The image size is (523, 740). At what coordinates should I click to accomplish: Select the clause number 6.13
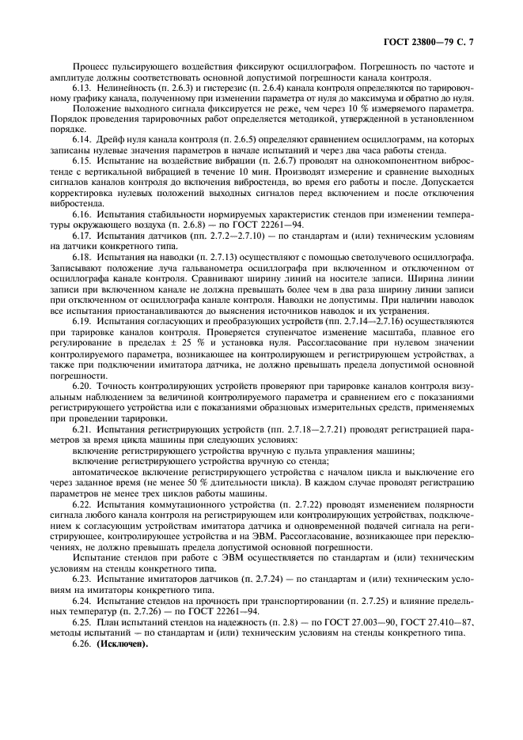82,89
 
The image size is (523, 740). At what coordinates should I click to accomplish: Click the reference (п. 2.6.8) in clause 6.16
184,236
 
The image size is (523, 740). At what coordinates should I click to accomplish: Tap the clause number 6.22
82,504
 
